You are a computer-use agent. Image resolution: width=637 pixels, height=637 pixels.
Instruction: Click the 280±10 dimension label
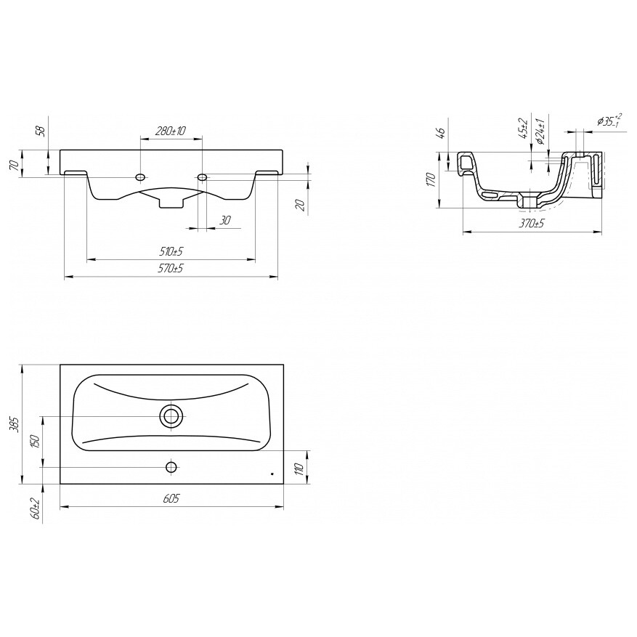pyautogui.click(x=171, y=131)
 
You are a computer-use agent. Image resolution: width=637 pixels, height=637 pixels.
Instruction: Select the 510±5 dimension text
pyautogui.click(x=171, y=251)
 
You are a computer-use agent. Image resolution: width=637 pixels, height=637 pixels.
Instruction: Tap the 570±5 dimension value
pyautogui.click(x=171, y=269)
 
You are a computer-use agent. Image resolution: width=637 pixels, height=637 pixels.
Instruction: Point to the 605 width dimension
pyautogui.click(x=171, y=498)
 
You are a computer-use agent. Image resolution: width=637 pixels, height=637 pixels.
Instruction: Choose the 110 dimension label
pyautogui.click(x=300, y=469)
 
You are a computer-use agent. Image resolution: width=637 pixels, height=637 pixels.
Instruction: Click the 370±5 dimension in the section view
pyautogui.click(x=532, y=223)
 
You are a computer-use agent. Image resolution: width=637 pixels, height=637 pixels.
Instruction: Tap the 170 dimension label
pyautogui.click(x=431, y=179)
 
